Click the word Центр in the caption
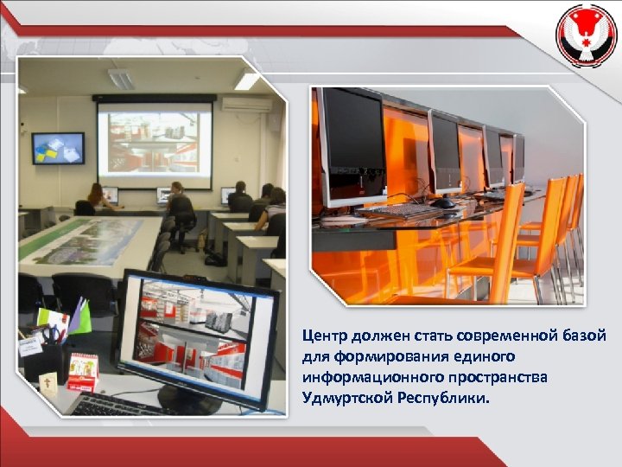coord(323,336)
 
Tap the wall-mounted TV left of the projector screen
coord(58,148)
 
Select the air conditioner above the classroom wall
coord(245,104)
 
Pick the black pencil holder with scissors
coord(51,354)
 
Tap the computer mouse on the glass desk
coord(443,204)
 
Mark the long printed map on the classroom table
coord(82,237)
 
